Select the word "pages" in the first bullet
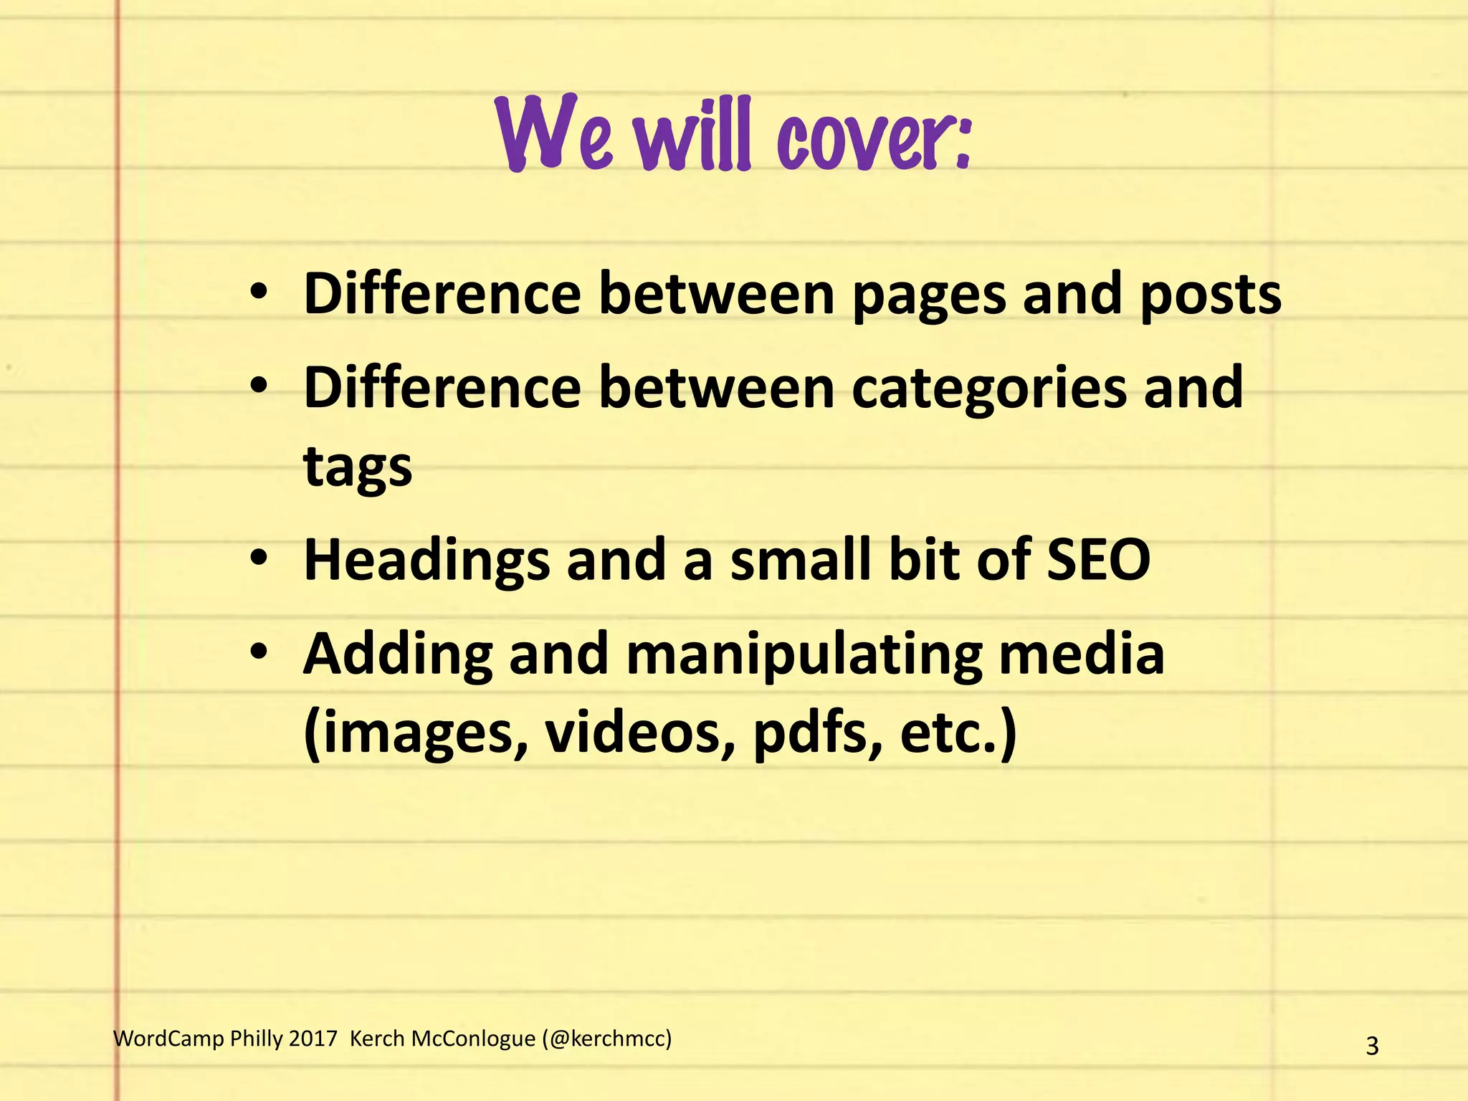click(x=929, y=295)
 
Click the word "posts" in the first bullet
click(x=1210, y=295)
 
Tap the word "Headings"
click(x=427, y=561)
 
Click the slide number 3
click(x=1372, y=1046)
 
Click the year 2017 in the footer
click(x=313, y=1039)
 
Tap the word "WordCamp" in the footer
click(x=168, y=1039)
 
